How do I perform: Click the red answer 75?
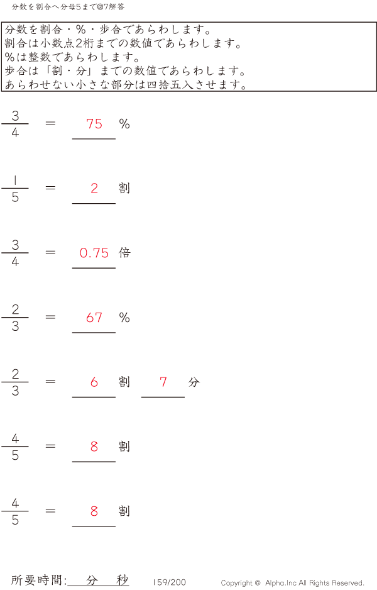pyautogui.click(x=94, y=124)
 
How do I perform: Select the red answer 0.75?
pyautogui.click(x=94, y=253)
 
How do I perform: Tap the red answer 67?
pyautogui.click(x=94, y=318)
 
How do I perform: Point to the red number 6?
pyautogui.click(x=94, y=382)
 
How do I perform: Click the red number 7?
pyautogui.click(x=163, y=382)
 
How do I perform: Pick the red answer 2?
pyautogui.click(x=94, y=189)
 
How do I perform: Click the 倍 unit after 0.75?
pyautogui.click(x=124, y=253)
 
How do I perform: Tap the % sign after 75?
pyautogui.click(x=124, y=124)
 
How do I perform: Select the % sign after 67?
pyautogui.click(x=124, y=318)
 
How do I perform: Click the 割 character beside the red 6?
pyautogui.click(x=124, y=382)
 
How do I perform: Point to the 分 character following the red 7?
pyautogui.click(x=194, y=382)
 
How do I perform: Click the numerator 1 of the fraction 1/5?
pyautogui.click(x=15, y=181)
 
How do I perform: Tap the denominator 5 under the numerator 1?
pyautogui.click(x=15, y=198)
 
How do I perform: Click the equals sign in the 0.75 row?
pyautogui.click(x=51, y=253)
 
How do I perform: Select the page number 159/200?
pyautogui.click(x=170, y=582)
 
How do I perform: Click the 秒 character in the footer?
pyautogui.click(x=122, y=581)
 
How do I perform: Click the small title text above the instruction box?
pyautogui.click(x=68, y=7)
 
